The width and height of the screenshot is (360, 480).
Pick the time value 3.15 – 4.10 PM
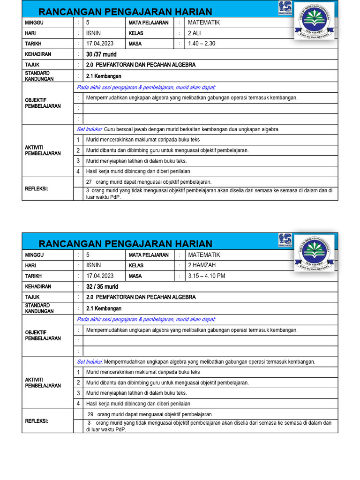tap(206, 276)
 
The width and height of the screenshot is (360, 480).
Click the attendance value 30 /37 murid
tap(101, 54)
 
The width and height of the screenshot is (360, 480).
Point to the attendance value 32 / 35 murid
tap(102, 286)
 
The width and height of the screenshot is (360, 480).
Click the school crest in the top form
tap(315, 21)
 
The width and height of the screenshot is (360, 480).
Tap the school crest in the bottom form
tap(315, 253)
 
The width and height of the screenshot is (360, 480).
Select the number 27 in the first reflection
tap(89, 182)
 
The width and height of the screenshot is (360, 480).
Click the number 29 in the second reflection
tap(91, 414)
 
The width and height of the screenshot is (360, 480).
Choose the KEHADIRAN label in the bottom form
tap(38, 286)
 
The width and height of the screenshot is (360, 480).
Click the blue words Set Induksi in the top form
tap(90, 129)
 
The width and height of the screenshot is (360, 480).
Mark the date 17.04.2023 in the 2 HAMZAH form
tap(100, 276)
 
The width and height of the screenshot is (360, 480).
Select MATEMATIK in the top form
tap(203, 22)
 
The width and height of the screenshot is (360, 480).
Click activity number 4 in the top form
tap(78, 172)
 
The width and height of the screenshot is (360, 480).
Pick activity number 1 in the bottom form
tap(78, 372)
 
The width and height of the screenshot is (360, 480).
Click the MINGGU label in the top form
tap(34, 22)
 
